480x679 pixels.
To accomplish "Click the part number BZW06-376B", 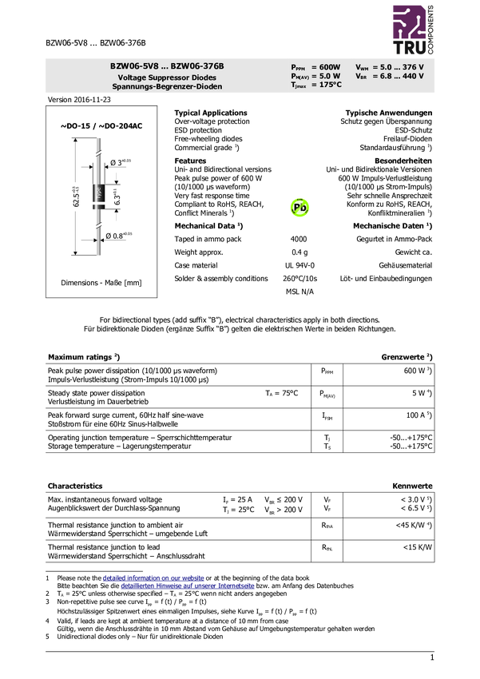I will click(197, 66).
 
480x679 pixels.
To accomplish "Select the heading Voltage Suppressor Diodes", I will click(167, 77).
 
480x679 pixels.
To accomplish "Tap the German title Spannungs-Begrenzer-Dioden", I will click(167, 86).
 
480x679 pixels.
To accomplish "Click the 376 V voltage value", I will click(412, 67).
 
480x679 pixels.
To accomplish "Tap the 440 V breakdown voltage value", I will click(412, 76).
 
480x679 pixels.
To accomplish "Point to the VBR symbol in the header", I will click(362, 77).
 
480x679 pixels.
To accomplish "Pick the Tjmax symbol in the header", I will click(298, 85).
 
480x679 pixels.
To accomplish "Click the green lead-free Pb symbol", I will click(300, 208).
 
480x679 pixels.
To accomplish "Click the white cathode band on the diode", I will click(99, 203).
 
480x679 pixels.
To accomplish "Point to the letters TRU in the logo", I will click(408, 47).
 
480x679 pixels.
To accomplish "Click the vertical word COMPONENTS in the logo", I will click(431, 29).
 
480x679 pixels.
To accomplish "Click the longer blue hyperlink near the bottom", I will click(188, 586).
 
